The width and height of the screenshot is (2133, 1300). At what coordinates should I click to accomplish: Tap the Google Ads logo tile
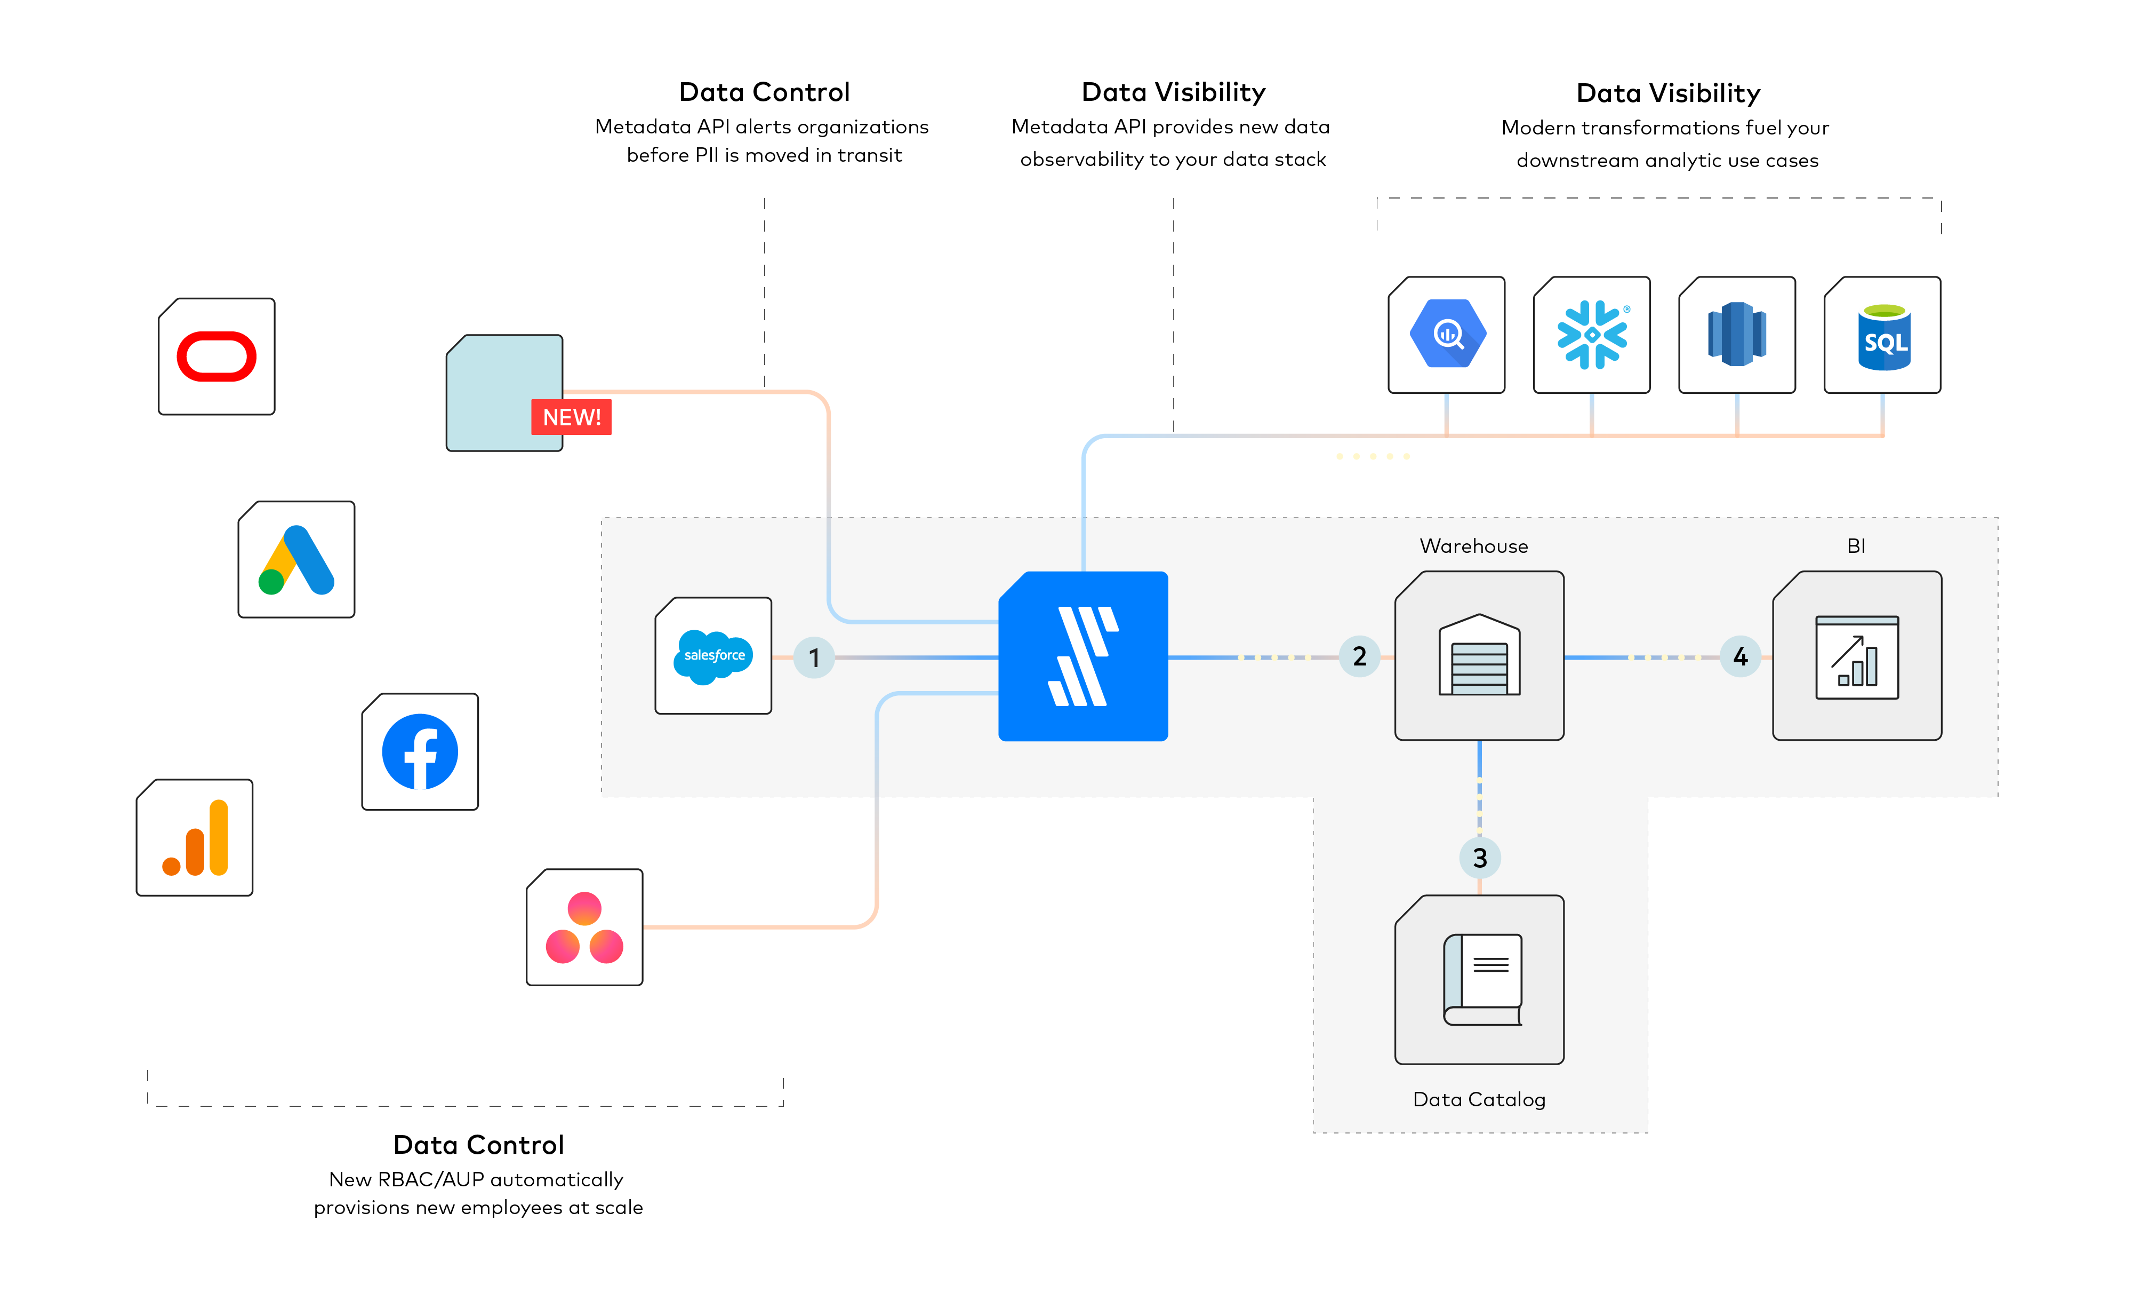click(296, 559)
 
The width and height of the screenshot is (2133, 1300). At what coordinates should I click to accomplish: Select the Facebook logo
click(420, 752)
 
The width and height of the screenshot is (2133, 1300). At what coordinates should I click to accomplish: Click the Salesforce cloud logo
click(713, 656)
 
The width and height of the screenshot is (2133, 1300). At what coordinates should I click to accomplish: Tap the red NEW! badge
click(571, 417)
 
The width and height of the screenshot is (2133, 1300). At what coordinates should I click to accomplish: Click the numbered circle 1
click(814, 657)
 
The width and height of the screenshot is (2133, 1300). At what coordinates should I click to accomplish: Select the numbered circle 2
click(1359, 656)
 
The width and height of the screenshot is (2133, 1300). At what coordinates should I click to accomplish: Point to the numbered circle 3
click(1479, 858)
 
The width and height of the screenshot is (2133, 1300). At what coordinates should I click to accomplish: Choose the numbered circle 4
click(1740, 656)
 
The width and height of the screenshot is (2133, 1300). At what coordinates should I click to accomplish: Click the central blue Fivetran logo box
click(1083, 656)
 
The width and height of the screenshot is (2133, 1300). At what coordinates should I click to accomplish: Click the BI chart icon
click(1857, 657)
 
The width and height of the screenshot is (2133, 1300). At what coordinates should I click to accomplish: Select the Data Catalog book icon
click(1482, 980)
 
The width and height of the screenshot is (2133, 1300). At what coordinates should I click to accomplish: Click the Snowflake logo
click(1592, 334)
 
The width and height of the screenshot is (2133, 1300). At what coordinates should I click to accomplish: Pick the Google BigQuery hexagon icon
click(1447, 334)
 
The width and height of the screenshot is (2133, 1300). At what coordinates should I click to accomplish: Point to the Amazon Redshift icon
click(1736, 334)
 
